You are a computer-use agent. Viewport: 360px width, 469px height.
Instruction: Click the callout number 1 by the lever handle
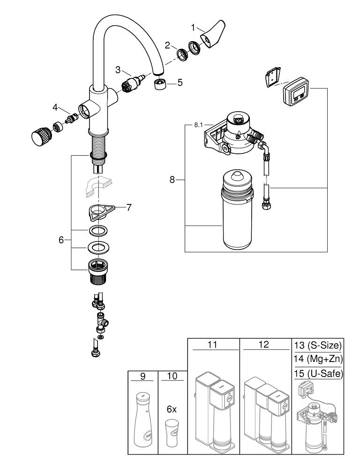(193, 27)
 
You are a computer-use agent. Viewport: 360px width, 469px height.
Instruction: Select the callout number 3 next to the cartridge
(119, 69)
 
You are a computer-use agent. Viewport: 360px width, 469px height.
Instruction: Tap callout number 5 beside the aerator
(180, 83)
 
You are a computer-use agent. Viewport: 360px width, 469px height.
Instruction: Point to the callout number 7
(129, 206)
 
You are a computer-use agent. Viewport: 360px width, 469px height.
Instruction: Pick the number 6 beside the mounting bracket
(61, 240)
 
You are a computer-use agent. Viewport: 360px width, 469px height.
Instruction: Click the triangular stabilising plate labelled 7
(103, 211)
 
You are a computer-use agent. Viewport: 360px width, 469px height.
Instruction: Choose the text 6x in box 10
(172, 409)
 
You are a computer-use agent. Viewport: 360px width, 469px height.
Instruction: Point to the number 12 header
(264, 344)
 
